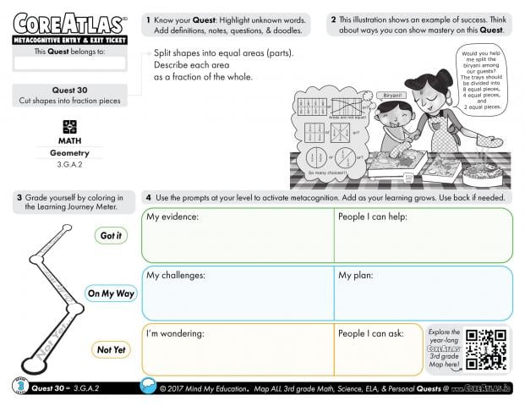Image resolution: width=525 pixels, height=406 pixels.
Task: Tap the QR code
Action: [488, 348]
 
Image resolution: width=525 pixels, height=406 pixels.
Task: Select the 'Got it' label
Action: [111, 236]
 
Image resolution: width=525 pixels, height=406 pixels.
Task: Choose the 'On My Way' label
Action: [111, 294]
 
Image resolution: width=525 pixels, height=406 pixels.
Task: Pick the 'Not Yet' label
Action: [111, 349]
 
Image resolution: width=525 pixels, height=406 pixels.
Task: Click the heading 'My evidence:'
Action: [172, 217]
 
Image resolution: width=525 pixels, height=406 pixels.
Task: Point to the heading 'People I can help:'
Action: [373, 217]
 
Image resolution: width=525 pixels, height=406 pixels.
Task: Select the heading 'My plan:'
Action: [356, 276]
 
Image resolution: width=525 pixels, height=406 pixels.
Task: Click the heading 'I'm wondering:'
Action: [176, 333]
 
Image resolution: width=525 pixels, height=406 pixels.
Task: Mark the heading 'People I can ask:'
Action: [371, 333]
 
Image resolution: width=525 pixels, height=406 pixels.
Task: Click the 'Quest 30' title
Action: [70, 91]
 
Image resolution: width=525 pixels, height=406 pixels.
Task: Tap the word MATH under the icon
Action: [70, 140]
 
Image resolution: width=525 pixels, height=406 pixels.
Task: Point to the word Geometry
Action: [70, 153]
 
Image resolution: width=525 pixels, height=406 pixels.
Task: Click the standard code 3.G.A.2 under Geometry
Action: [70, 167]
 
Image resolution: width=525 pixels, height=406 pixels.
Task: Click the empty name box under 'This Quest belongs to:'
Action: [70, 63]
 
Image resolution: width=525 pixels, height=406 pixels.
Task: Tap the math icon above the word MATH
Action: [70, 126]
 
